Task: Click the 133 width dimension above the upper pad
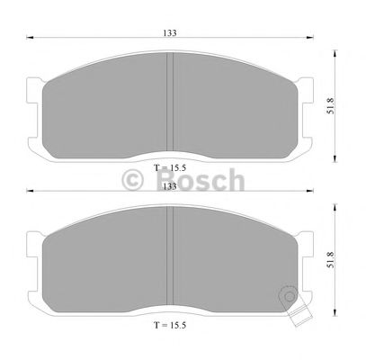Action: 169,32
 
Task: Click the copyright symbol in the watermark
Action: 132,179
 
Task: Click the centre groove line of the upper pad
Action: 170,99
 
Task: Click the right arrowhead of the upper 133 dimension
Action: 309,39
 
